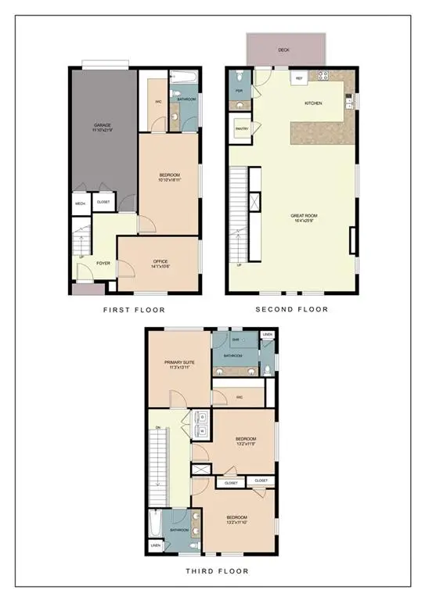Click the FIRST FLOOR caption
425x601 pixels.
click(x=134, y=310)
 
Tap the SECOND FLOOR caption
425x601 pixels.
click(x=292, y=309)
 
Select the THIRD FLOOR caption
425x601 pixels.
click(x=212, y=572)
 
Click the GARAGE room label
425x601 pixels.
click(x=103, y=127)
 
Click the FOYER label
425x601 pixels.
click(x=103, y=263)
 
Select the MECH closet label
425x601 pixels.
click(x=81, y=203)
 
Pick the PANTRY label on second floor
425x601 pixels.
click(x=242, y=131)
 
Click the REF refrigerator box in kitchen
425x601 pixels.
click(x=298, y=79)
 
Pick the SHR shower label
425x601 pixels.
click(x=235, y=340)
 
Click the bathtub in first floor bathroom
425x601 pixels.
click(x=185, y=78)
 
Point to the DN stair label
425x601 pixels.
click(x=157, y=428)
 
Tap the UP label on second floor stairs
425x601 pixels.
click(x=239, y=265)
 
